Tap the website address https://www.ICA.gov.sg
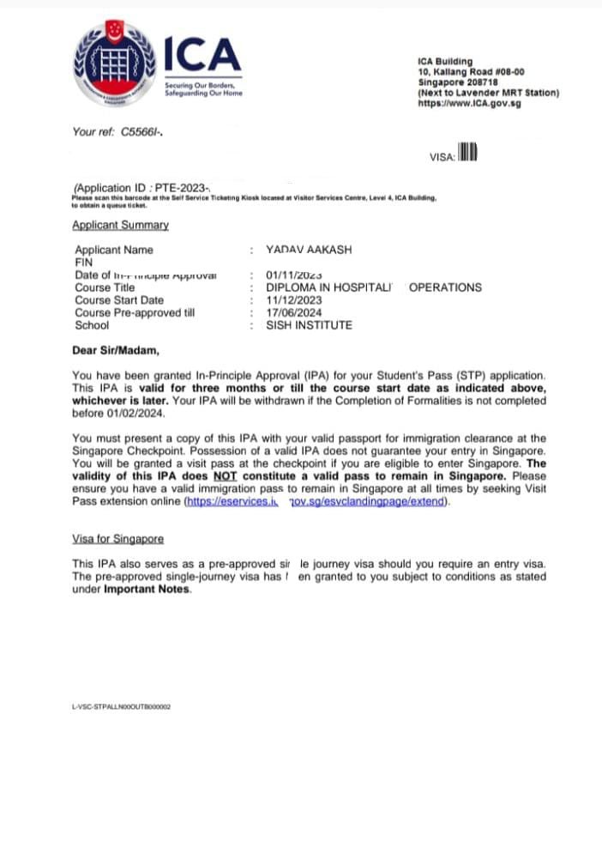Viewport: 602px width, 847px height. (x=469, y=103)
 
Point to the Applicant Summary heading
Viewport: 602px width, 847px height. (x=120, y=225)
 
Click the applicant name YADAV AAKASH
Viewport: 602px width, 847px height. (x=310, y=250)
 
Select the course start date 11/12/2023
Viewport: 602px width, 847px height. (x=295, y=300)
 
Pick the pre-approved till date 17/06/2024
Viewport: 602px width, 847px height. (x=295, y=312)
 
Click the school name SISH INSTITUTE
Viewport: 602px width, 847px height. (x=309, y=325)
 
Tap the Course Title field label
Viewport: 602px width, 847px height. (x=105, y=287)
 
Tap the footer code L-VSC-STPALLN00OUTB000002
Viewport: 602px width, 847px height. (x=122, y=706)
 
